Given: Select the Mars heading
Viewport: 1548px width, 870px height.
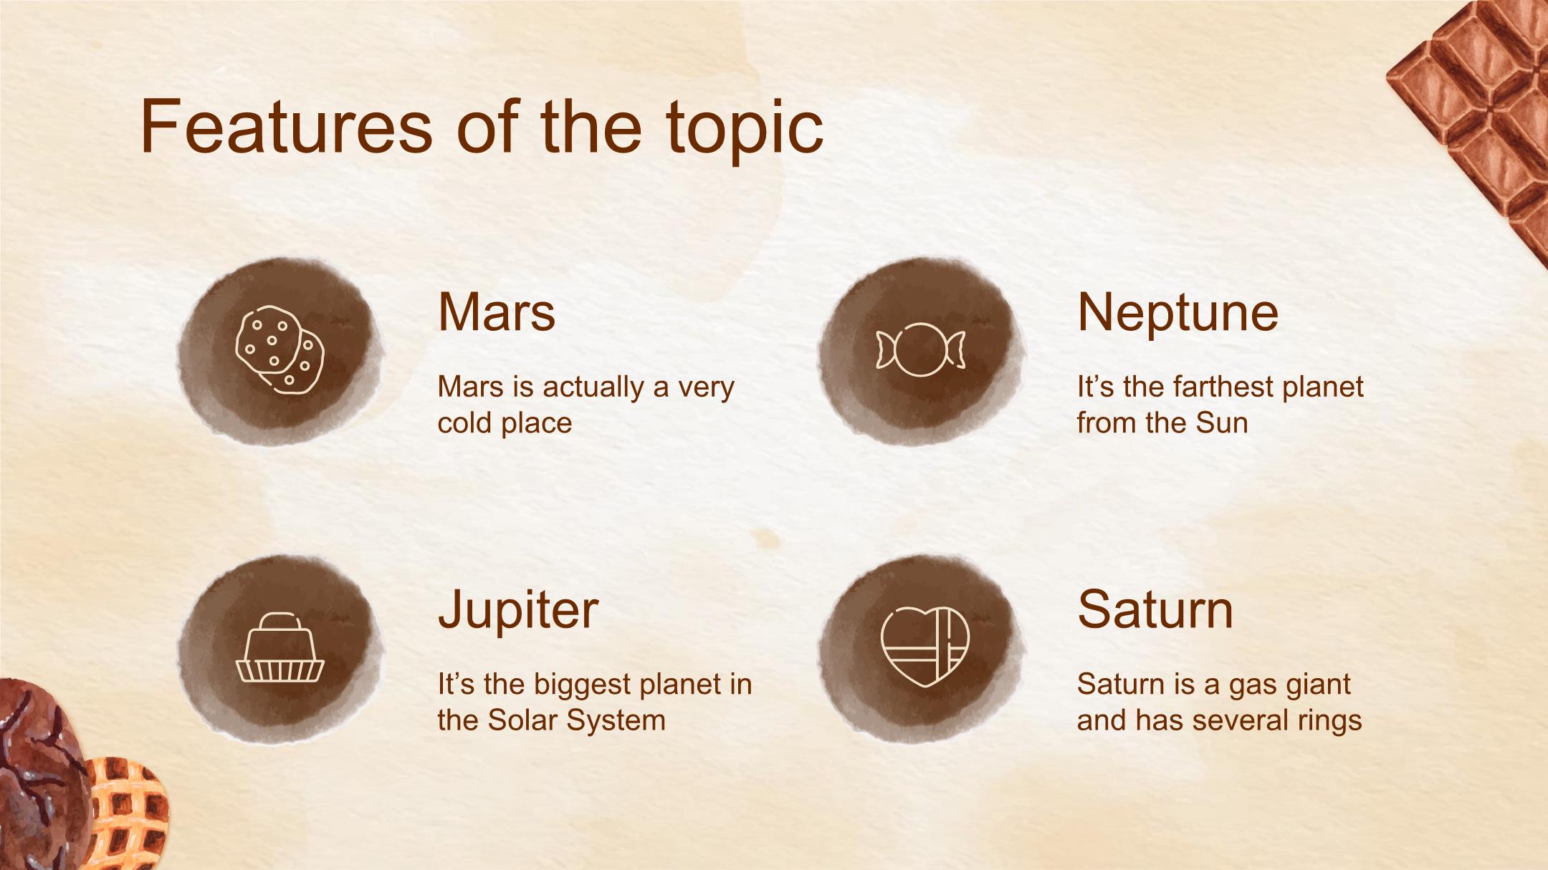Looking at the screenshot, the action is pyautogui.click(x=497, y=312).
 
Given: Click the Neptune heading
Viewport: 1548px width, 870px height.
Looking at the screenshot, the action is pyautogui.click(x=1177, y=314).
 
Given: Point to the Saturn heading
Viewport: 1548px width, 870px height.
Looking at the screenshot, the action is pyautogui.click(x=1155, y=610).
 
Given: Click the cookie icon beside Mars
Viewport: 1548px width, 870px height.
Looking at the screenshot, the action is pyautogui.click(x=279, y=349).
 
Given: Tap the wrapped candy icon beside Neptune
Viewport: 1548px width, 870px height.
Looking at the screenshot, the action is pyautogui.click(x=921, y=349).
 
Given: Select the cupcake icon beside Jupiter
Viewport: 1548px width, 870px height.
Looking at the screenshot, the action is pyautogui.click(x=280, y=647).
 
